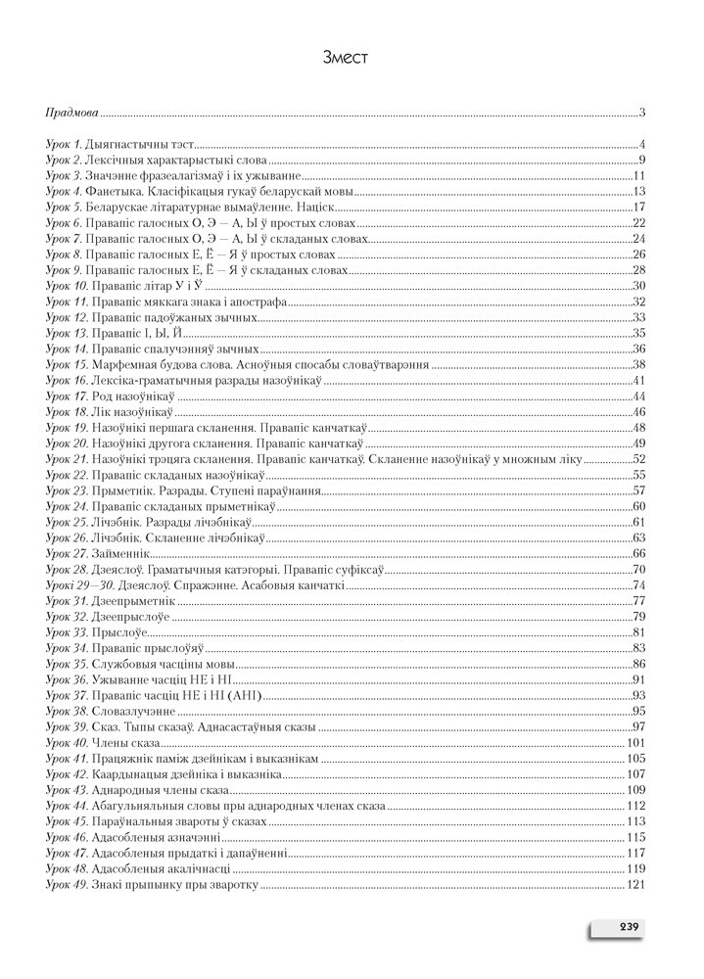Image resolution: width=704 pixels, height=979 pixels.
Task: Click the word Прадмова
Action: point(70,114)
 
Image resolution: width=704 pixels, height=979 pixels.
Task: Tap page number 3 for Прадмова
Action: point(638,114)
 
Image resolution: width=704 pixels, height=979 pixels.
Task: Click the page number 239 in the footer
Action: point(627,927)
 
